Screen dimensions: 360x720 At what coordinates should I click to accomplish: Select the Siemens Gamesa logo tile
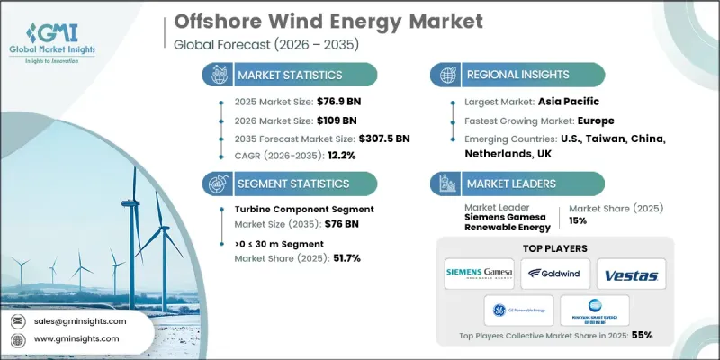[482, 274]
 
